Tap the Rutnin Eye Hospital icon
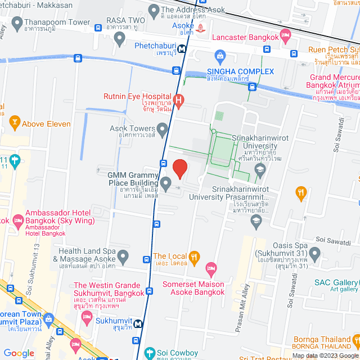pos(179,101)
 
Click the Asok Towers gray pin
pos(163,130)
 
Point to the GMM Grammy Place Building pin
pos(166,183)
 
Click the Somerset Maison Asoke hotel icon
pos(211,268)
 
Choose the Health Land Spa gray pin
pos(123,256)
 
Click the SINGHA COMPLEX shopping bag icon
pos(220,57)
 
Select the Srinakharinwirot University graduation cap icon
pos(260,169)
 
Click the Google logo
pos(19,353)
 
